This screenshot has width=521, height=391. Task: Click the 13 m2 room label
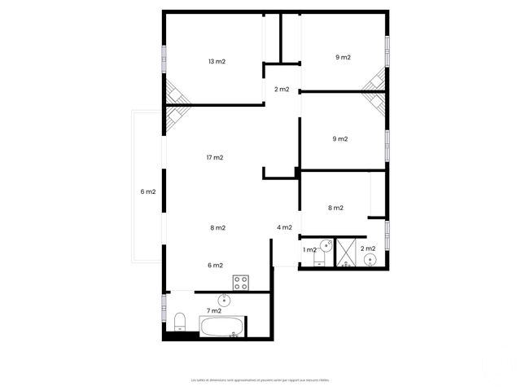tap(217, 61)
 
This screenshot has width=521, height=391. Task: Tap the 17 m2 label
tap(215, 157)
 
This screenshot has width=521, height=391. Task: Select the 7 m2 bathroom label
tap(214, 310)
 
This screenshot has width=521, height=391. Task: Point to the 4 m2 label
tap(284, 227)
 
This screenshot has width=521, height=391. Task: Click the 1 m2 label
tap(309, 249)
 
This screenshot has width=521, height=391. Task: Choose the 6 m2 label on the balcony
tap(147, 192)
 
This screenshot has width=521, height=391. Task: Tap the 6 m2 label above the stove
tap(215, 265)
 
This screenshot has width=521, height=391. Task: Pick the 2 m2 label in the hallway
tap(282, 90)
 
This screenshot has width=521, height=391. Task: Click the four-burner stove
tap(241, 283)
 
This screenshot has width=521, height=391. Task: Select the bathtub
tap(221, 328)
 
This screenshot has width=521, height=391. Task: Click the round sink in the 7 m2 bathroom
tap(225, 300)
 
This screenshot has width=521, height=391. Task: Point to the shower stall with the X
tap(347, 253)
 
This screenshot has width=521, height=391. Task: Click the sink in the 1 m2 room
tap(326, 245)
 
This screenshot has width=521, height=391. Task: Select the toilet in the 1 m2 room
tap(319, 262)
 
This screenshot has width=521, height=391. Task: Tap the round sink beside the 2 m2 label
tap(370, 260)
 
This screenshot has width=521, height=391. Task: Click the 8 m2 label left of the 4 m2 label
tap(217, 228)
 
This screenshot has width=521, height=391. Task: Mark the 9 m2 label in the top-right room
tap(343, 58)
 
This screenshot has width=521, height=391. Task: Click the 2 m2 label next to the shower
tap(368, 248)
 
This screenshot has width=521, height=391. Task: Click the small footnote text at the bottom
tap(260, 380)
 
